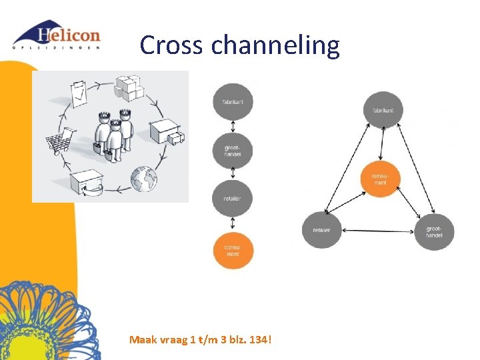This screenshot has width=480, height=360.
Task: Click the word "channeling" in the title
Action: click(275, 45)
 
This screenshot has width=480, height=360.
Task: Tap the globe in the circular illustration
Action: click(143, 178)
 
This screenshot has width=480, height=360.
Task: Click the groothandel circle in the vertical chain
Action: click(233, 151)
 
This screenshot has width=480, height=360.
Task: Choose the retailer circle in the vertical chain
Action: click(233, 199)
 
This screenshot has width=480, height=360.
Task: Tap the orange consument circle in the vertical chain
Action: click(233, 250)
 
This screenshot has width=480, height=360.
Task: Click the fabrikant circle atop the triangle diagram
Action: click(383, 110)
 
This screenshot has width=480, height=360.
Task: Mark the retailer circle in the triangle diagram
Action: click(321, 230)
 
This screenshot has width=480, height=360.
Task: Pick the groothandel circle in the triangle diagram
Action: click(434, 231)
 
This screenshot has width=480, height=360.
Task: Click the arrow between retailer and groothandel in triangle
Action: click(377, 231)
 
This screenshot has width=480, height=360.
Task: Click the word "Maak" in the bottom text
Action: click(143, 340)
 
